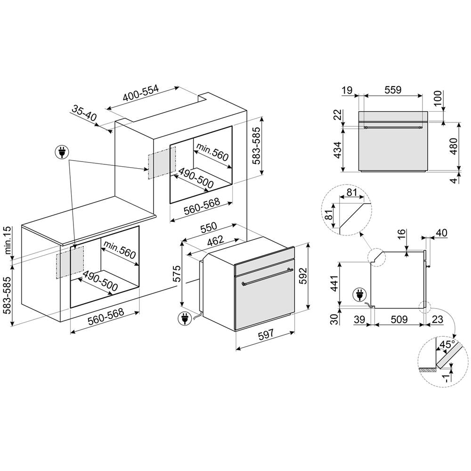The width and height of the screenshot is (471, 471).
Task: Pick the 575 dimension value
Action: click(176, 275)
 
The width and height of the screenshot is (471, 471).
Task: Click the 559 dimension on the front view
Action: click(392, 90)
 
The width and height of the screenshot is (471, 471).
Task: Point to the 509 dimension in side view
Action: click(399, 320)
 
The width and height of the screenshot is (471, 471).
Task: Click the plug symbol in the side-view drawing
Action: click(359, 296)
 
